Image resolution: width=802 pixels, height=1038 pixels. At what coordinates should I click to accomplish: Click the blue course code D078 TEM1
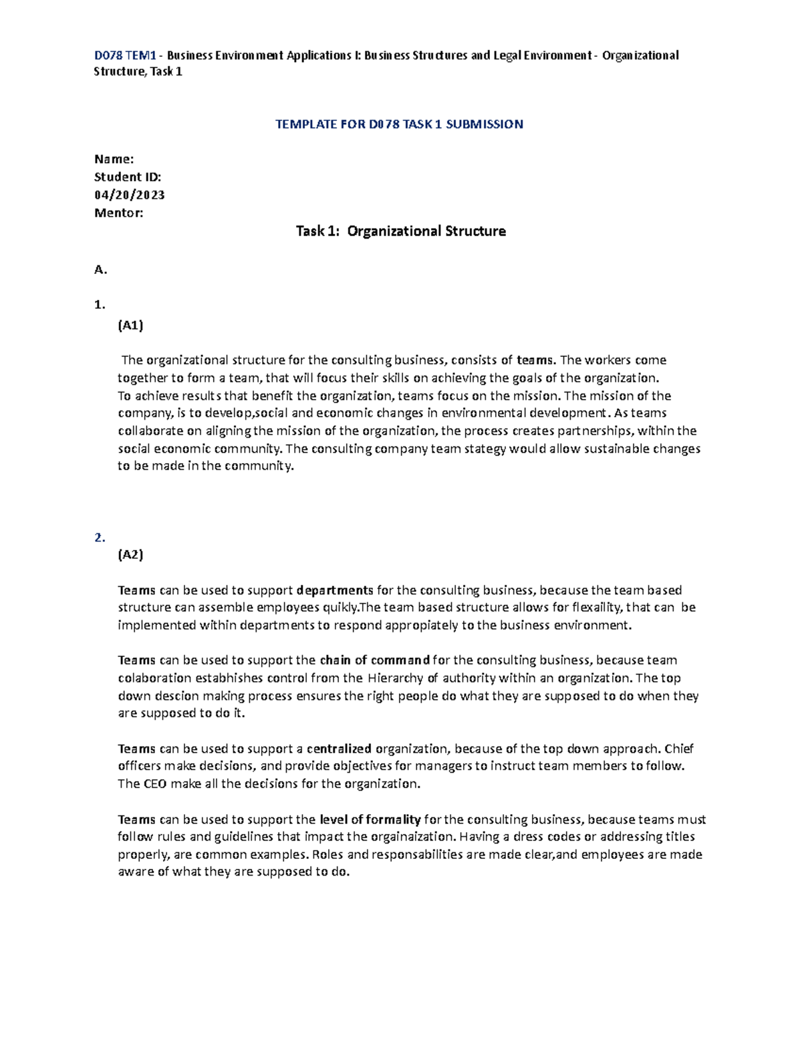(x=125, y=55)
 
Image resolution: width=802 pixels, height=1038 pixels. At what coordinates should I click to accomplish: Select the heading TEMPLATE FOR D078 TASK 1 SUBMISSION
(x=399, y=124)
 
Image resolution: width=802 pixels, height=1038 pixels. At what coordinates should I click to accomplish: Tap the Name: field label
(x=114, y=159)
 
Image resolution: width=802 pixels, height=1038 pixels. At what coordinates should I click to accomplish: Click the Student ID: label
(x=128, y=177)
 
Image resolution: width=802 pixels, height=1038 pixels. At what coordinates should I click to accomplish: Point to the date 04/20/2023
(x=130, y=195)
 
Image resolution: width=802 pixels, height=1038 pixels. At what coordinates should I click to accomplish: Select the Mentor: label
(x=119, y=213)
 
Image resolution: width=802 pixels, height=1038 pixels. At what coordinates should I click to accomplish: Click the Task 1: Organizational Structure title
(x=400, y=231)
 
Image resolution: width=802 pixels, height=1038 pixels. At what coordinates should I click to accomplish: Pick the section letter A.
(x=101, y=270)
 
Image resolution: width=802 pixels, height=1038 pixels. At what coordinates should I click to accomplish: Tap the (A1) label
(x=130, y=326)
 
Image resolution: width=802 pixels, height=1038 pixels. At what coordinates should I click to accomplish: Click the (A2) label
(x=130, y=554)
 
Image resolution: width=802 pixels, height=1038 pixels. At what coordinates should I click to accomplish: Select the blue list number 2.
(x=100, y=537)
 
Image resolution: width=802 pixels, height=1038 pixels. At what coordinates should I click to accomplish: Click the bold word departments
(x=335, y=590)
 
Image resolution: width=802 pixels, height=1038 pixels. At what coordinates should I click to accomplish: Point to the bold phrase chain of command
(x=374, y=660)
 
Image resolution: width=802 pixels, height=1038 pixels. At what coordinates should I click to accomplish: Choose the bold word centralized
(x=339, y=749)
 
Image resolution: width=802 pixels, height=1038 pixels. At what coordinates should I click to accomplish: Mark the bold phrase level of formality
(x=370, y=819)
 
